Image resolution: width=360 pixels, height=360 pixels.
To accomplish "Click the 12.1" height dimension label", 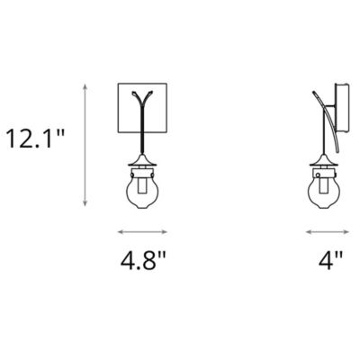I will [36, 139].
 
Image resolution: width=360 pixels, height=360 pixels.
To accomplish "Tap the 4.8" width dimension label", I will [145, 263].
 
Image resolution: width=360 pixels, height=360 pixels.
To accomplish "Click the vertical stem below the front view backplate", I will [144, 144].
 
